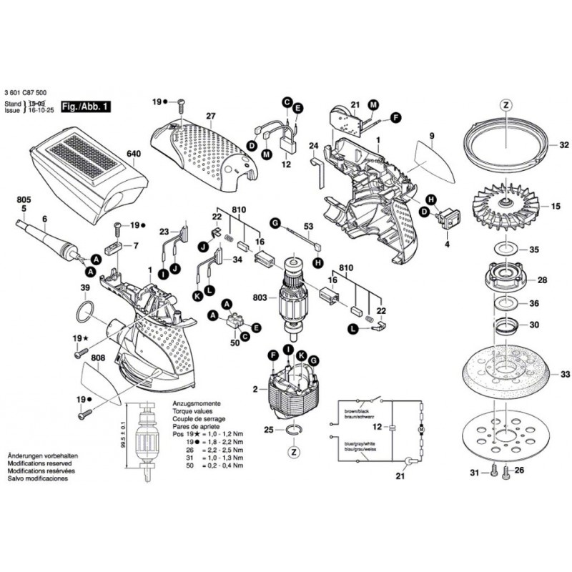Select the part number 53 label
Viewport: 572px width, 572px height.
[309, 227]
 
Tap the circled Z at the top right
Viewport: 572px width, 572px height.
[506, 104]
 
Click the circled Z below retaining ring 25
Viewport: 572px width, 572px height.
[294, 453]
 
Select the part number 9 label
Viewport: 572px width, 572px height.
[433, 136]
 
